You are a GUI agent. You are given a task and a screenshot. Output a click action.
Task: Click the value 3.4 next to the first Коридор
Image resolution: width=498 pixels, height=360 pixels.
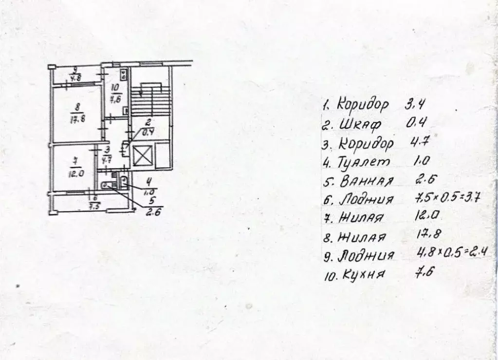[415, 103]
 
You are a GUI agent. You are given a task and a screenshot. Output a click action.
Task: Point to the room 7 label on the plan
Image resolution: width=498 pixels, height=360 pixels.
[75, 167]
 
